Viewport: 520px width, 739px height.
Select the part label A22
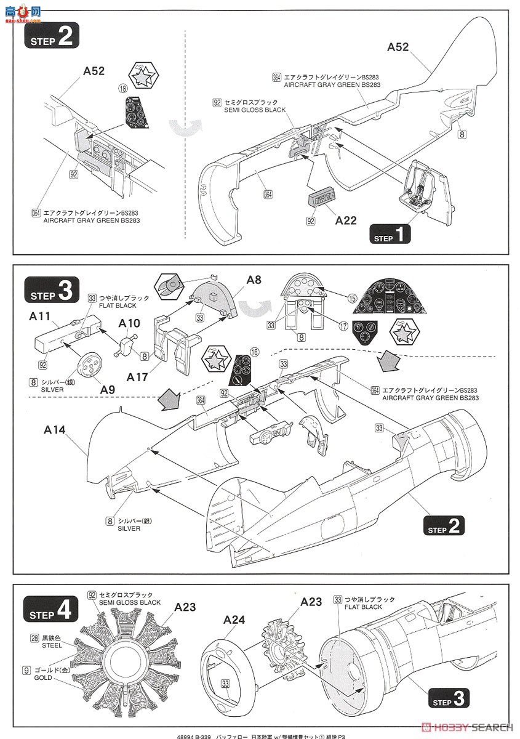(x=345, y=220)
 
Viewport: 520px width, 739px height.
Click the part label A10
(x=129, y=323)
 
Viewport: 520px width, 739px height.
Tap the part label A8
(x=254, y=280)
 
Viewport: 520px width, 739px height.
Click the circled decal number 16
(x=254, y=352)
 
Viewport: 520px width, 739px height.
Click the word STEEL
(x=52, y=646)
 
